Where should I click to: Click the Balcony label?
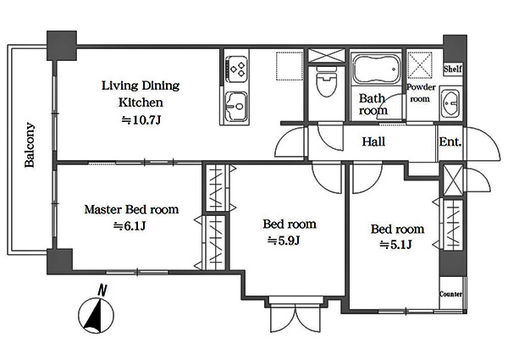(30, 145)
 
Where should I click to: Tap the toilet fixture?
(326, 81)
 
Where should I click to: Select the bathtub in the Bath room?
(376, 69)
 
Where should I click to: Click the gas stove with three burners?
(236, 69)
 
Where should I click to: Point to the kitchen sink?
(236, 105)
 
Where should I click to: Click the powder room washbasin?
(450, 103)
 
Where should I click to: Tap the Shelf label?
(453, 69)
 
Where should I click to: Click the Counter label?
(450, 294)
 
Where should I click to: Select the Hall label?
(373, 141)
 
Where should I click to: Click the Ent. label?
(450, 141)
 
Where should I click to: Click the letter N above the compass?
(102, 290)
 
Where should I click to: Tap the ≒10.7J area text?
(141, 120)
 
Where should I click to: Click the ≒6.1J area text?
(130, 226)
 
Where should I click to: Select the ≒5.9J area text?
(284, 241)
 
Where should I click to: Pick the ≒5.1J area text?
(395, 245)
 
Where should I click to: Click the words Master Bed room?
(131, 209)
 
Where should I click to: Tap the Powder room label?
(421, 92)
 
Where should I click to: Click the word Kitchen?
(141, 102)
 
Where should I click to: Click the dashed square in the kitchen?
(289, 66)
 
